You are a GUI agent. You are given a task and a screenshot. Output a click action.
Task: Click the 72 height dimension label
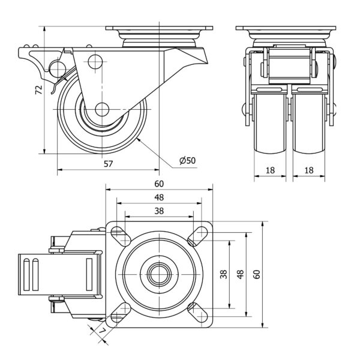click(x=38, y=90)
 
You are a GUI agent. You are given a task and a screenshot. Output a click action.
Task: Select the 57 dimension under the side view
click(x=109, y=164)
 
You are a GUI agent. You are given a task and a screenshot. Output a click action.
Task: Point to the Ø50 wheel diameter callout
click(x=187, y=160)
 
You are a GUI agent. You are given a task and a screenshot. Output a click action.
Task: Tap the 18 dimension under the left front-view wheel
click(x=270, y=170)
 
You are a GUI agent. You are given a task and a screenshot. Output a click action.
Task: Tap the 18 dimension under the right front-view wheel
click(x=310, y=170)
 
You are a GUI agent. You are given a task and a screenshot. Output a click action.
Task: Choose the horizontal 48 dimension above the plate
click(x=159, y=197)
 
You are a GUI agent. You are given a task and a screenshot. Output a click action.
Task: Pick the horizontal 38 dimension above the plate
click(x=159, y=211)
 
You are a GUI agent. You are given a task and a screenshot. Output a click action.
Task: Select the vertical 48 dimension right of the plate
click(x=241, y=274)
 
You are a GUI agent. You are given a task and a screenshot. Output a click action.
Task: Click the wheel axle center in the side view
click(x=102, y=109)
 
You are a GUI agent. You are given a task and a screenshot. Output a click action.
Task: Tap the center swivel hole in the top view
click(x=159, y=274)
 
